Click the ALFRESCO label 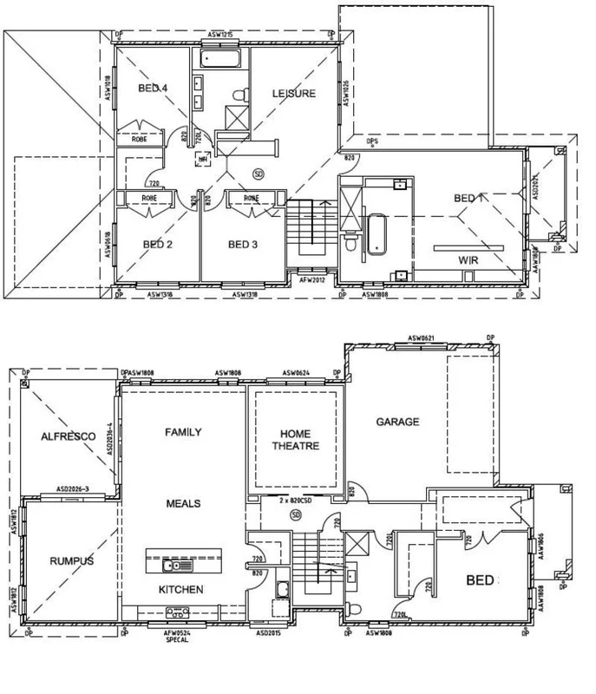coord(62,438)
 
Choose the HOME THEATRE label coord(291,440)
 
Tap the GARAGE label coord(397,422)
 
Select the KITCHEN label coord(181,589)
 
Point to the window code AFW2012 coord(311,280)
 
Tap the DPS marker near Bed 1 coord(374,141)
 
